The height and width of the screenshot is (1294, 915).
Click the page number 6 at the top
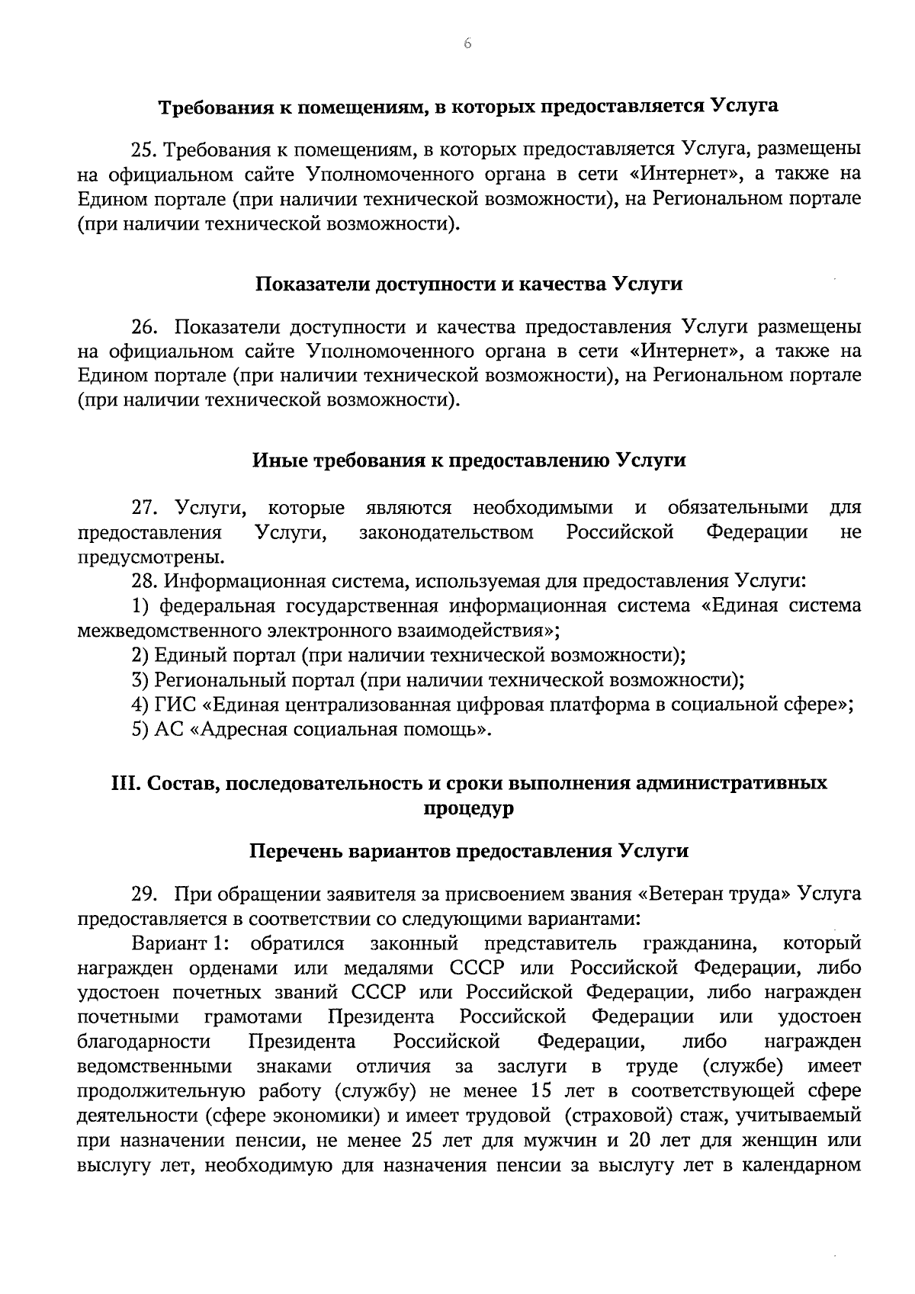[467, 44]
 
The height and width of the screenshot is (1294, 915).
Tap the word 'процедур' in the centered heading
[468, 808]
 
